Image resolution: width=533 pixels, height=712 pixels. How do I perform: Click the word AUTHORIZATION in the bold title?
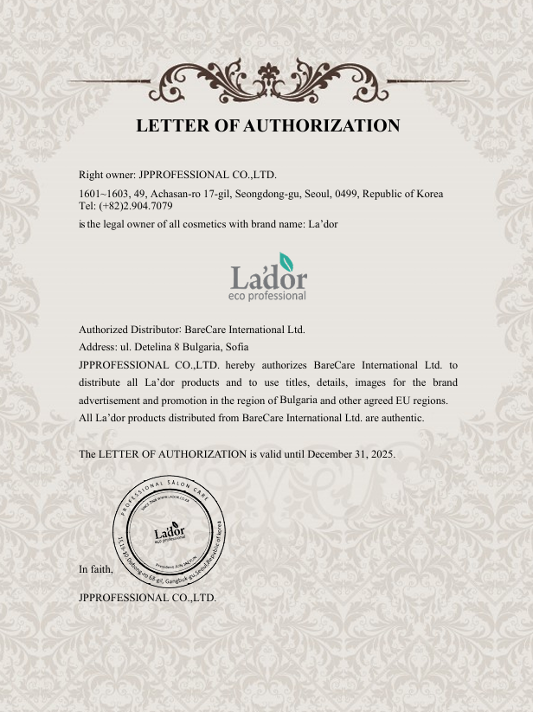(x=322, y=125)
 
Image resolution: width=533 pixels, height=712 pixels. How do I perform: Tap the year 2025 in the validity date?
(x=382, y=453)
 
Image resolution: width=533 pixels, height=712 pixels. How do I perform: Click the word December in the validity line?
(x=331, y=453)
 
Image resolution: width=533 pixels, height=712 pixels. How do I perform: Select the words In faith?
(x=95, y=569)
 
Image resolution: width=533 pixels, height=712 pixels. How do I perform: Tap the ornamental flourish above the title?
(x=267, y=80)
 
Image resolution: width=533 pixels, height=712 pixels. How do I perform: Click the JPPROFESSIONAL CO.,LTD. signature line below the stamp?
(x=147, y=597)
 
